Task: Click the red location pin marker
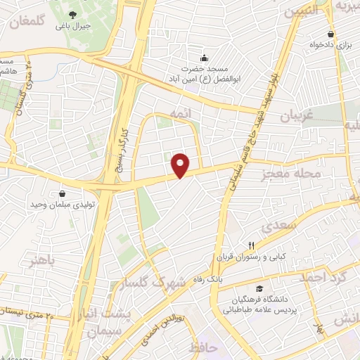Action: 181,165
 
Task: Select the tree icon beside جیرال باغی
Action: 72,13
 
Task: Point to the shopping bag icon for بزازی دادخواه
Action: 330,33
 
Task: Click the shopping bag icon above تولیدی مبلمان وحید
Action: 63,193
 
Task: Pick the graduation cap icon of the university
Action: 259,288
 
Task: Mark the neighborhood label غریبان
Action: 295,117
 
